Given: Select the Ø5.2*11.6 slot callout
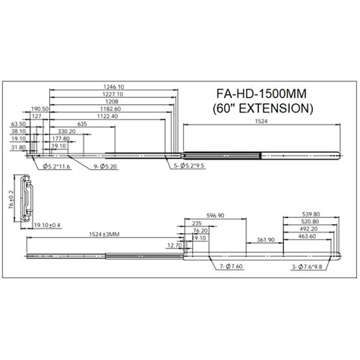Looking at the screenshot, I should click(x=58, y=166).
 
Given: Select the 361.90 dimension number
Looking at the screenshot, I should click(x=265, y=239).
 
